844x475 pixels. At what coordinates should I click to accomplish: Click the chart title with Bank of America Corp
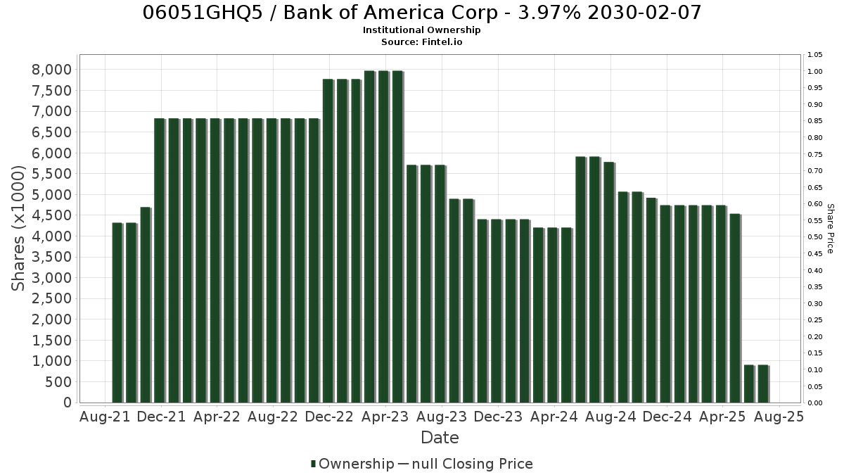[421, 13]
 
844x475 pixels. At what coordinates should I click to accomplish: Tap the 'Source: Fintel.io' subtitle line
[421, 42]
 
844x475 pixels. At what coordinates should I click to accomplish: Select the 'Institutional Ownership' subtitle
[421, 30]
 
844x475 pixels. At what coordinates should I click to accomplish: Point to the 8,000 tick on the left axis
[52, 70]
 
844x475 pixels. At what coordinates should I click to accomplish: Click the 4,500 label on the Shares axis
[52, 215]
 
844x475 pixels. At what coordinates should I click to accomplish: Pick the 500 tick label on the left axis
[59, 382]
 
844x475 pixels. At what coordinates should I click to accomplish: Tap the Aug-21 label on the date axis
[105, 417]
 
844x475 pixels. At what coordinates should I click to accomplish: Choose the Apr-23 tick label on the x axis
[385, 417]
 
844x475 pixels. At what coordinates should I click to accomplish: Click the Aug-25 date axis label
[779, 417]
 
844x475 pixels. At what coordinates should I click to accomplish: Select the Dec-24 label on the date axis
[667, 417]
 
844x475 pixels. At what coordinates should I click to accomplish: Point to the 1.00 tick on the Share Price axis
[815, 72]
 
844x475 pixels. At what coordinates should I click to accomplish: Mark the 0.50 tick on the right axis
[815, 237]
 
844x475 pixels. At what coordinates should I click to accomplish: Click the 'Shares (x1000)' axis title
[18, 228]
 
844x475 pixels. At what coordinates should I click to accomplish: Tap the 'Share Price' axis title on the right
[830, 229]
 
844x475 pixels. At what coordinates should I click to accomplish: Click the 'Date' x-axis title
[440, 438]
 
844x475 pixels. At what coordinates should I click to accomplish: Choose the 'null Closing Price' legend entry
[466, 464]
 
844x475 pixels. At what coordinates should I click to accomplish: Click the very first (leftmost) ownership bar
[117, 313]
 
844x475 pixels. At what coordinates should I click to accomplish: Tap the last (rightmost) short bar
[763, 384]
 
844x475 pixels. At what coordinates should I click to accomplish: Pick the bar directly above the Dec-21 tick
[160, 260]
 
